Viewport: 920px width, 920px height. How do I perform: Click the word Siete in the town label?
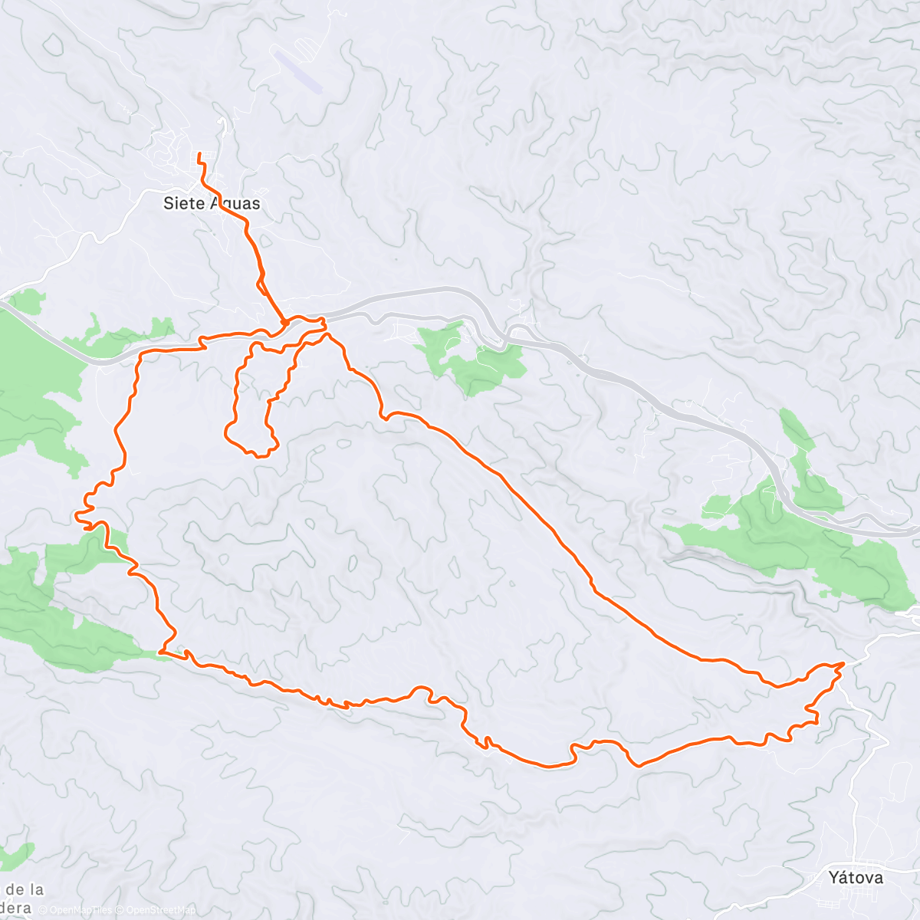click(184, 203)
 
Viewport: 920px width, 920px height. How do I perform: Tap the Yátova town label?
click(856, 877)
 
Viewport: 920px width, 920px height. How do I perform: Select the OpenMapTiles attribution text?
click(77, 910)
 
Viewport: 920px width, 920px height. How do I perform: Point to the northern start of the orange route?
click(200, 156)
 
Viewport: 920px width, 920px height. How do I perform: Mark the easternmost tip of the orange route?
click(843, 664)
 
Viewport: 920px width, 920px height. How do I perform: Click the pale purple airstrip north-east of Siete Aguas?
click(297, 71)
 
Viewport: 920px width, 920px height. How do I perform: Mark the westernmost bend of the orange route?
click(77, 516)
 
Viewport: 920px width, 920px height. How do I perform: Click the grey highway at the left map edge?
click(6, 307)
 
